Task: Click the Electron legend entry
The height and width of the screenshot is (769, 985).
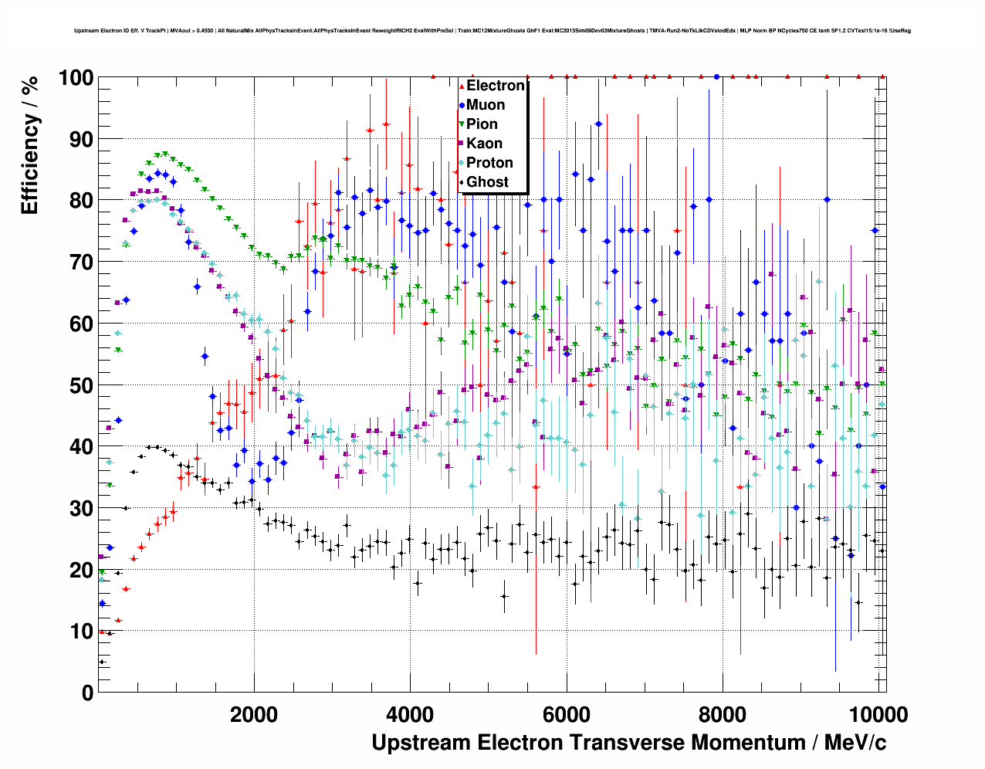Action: pos(495,86)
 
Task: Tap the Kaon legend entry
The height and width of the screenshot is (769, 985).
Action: pos(484,144)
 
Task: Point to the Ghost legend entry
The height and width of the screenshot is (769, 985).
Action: pos(487,182)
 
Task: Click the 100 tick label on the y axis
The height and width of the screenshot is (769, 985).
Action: pos(76,78)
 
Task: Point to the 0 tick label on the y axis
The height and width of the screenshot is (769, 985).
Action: pos(87,693)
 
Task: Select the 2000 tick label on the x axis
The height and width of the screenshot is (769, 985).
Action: pos(254,714)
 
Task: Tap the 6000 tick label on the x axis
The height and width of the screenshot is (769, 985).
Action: pos(567,714)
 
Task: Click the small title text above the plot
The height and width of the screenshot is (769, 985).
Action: pos(492,31)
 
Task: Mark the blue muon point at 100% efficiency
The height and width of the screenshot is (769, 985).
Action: pos(717,76)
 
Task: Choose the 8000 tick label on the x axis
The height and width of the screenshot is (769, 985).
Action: pos(723,714)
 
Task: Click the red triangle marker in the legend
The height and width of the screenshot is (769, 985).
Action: pos(462,86)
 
